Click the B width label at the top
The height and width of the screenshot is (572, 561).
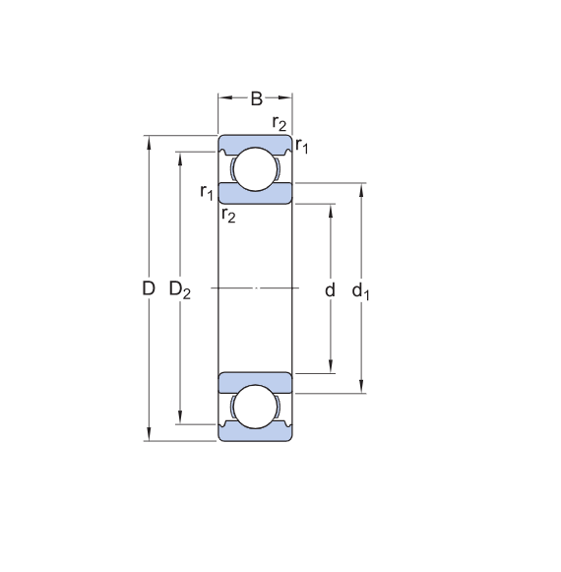click(256, 98)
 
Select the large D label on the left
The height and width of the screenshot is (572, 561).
click(149, 289)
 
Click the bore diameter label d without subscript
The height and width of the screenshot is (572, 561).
click(330, 290)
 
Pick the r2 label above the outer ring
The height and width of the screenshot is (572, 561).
click(280, 123)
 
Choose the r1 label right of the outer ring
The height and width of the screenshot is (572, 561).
click(302, 147)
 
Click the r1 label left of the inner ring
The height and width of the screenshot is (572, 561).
click(206, 191)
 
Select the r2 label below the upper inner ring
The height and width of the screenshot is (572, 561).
click(228, 215)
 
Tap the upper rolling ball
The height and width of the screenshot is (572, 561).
click(255, 167)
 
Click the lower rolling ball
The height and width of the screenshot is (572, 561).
click(255, 409)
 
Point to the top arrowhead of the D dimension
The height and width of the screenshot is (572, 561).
click(149, 141)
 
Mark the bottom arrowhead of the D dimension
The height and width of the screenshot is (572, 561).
click(149, 435)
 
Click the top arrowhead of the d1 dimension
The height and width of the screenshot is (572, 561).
click(362, 189)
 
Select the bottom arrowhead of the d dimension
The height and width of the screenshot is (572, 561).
click(330, 368)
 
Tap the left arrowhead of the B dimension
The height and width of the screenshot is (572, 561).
click(222, 98)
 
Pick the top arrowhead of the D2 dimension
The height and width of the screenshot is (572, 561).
click(179, 158)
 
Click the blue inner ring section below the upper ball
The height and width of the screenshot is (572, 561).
click(255, 193)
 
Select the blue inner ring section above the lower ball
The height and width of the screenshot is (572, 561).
click(255, 381)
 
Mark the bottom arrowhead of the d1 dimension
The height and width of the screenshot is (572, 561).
click(362, 387)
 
